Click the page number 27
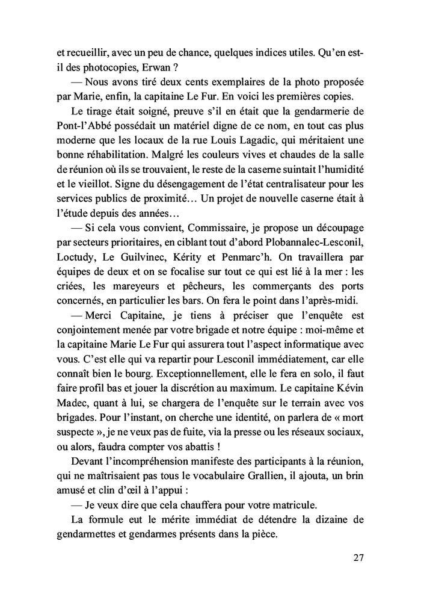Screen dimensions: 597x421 click(358, 557)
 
